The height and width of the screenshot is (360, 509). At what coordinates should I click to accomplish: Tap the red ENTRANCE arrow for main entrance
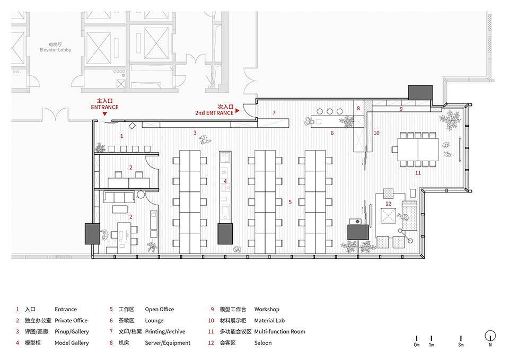pos(104,114)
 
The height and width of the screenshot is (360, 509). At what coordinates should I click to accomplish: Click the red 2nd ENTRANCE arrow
pos(238,111)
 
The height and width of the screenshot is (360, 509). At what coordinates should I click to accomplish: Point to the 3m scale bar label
pos(461,345)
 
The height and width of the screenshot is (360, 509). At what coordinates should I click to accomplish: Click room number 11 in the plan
pos(418,173)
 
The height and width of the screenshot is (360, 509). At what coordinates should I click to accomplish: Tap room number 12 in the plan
pos(389,204)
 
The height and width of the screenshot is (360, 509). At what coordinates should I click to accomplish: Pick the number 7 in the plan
pos(274,113)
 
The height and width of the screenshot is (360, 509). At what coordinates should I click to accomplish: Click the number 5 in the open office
pos(290,202)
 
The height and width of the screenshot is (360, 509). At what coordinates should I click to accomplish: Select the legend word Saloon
pos(263,343)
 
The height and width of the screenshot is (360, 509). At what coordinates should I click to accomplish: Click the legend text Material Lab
pos(269,321)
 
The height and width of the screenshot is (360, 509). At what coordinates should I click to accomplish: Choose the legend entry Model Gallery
pos(72,343)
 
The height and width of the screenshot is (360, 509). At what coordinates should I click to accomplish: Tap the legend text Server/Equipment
pos(168,343)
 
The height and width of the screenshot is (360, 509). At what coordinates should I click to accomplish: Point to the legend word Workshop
pos(267,309)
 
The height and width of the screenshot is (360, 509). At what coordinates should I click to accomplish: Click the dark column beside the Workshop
pos(420,92)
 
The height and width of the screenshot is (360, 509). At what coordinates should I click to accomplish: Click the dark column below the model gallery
pos(225,234)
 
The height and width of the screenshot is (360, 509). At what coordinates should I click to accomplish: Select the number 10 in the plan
pos(376,133)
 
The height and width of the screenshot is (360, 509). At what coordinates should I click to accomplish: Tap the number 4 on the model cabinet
pos(225,181)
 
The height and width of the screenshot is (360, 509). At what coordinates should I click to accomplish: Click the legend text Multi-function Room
pos(280,332)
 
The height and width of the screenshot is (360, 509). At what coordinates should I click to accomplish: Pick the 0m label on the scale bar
pos(417,345)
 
